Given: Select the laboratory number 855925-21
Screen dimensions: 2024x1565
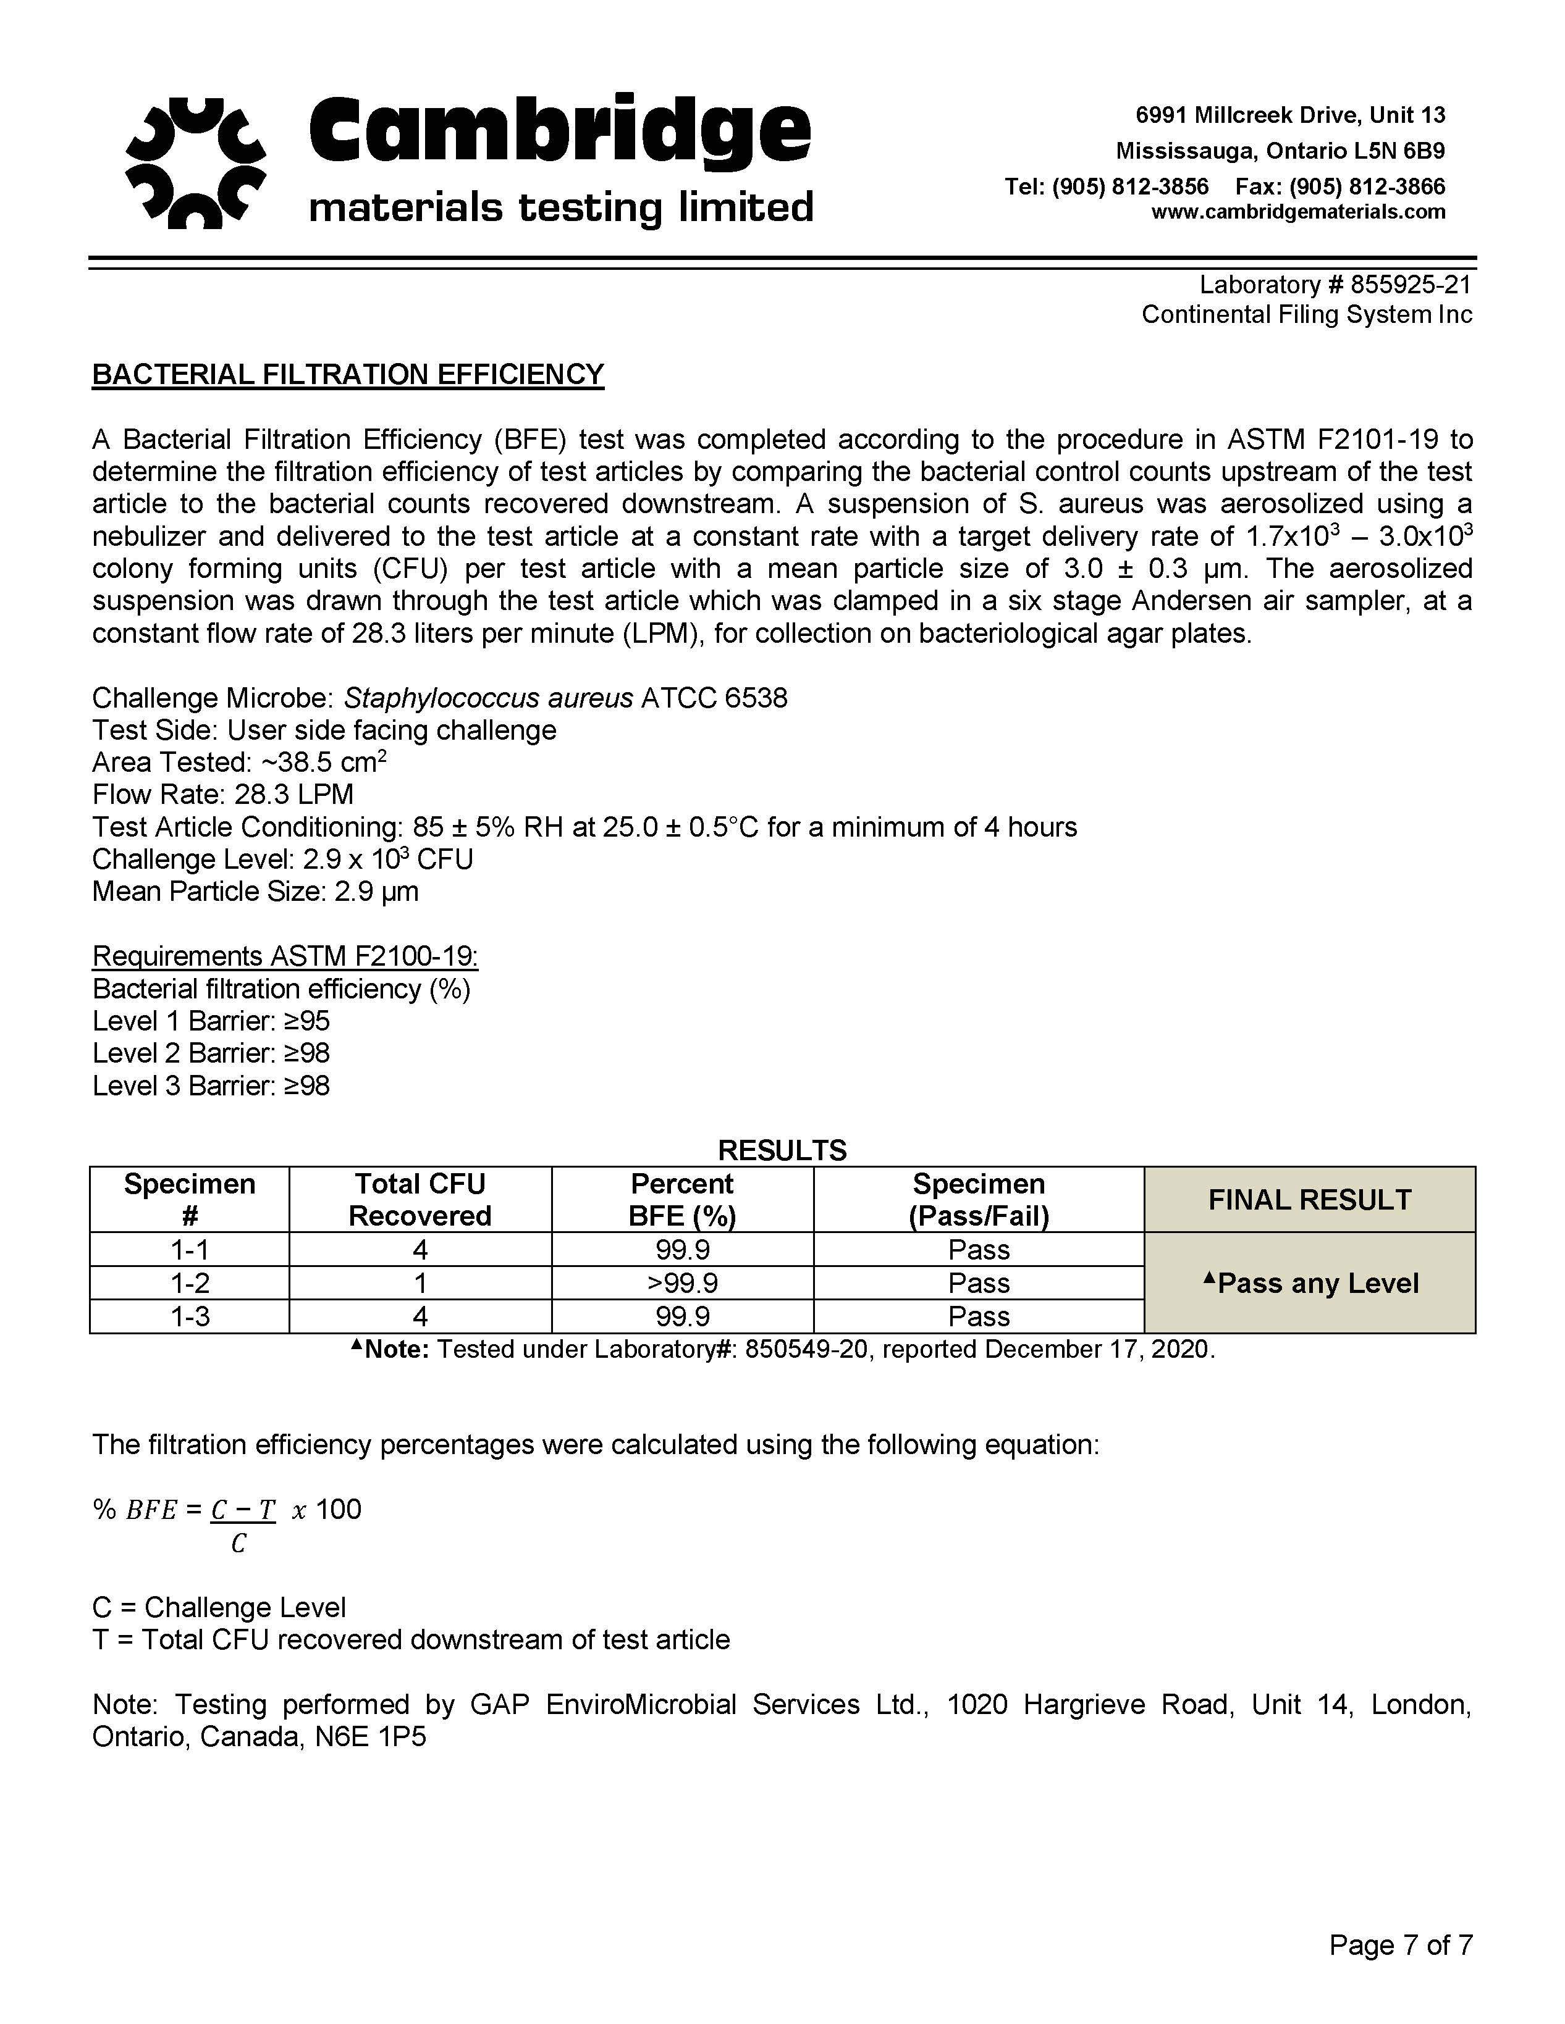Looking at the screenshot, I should pyautogui.click(x=1411, y=285).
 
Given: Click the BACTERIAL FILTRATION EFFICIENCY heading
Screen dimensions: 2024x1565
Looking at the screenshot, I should pyautogui.click(x=348, y=374).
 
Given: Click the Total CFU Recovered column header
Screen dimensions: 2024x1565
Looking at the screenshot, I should pyautogui.click(x=420, y=1199).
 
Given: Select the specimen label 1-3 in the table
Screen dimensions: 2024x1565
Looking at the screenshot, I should pyautogui.click(x=190, y=1316).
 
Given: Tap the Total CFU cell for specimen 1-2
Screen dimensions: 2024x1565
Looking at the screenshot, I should pyautogui.click(x=420, y=1282).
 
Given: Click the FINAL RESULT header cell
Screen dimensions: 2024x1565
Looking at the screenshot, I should pyautogui.click(x=1309, y=1199).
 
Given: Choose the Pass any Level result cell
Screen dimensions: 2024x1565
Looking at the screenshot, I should pyautogui.click(x=1309, y=1282).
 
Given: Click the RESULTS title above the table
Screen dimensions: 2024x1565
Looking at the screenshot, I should pyautogui.click(x=782, y=1150).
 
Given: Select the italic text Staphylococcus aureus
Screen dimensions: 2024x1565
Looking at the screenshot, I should pyautogui.click(x=489, y=698).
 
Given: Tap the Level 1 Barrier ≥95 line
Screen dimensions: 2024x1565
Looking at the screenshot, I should pyautogui.click(x=211, y=1021).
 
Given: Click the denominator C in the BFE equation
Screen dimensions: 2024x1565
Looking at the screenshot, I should pyautogui.click(x=239, y=1543).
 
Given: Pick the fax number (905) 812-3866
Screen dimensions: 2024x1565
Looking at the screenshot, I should pyautogui.click(x=1367, y=186).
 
